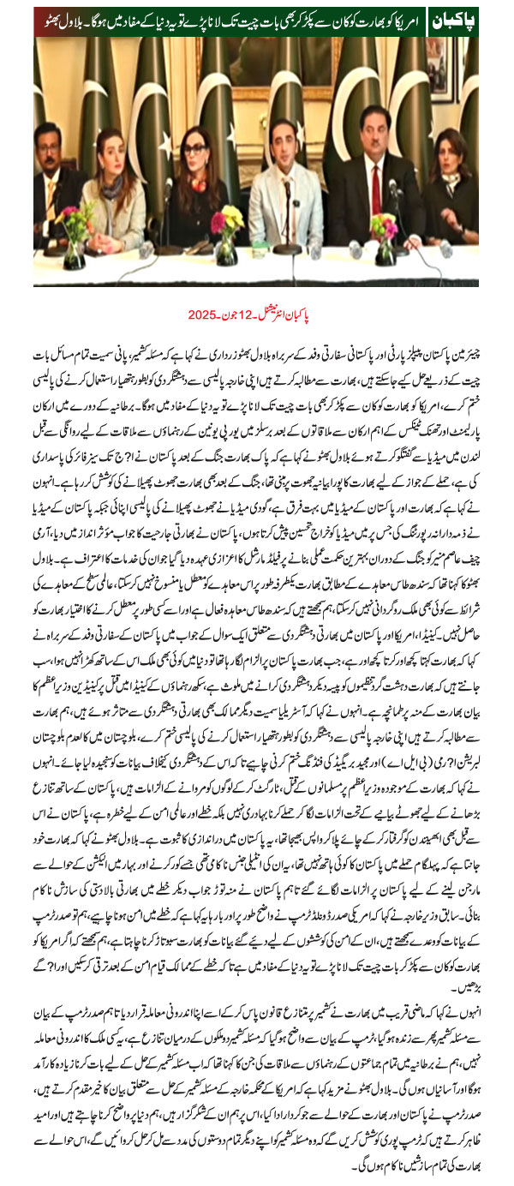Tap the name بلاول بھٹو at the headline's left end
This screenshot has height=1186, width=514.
coord(63,18)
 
